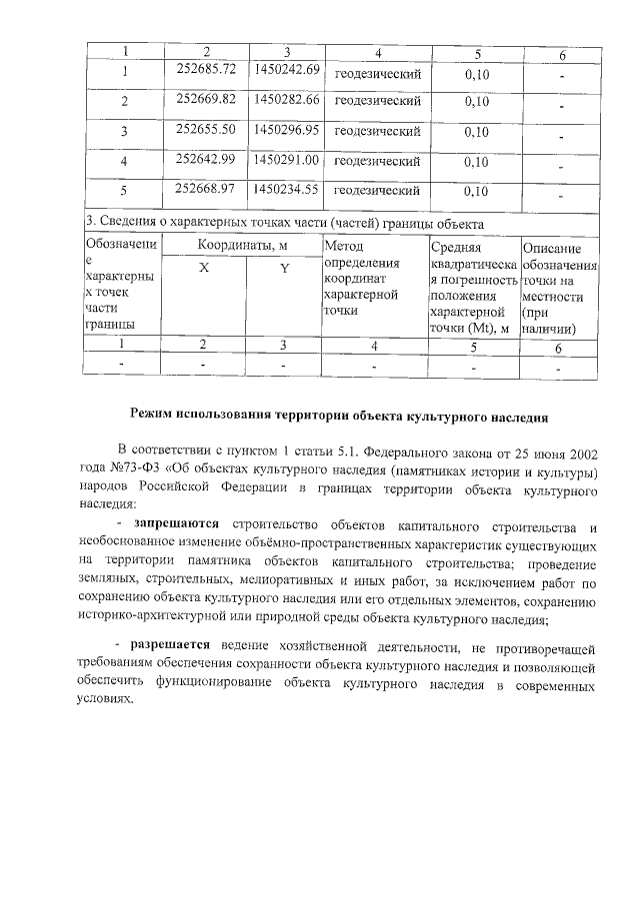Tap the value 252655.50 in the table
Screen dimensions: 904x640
205,129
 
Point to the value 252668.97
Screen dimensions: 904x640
205,188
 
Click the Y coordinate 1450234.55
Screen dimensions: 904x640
286,188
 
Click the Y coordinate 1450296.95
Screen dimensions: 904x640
286,129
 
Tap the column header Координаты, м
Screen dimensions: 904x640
242,246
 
